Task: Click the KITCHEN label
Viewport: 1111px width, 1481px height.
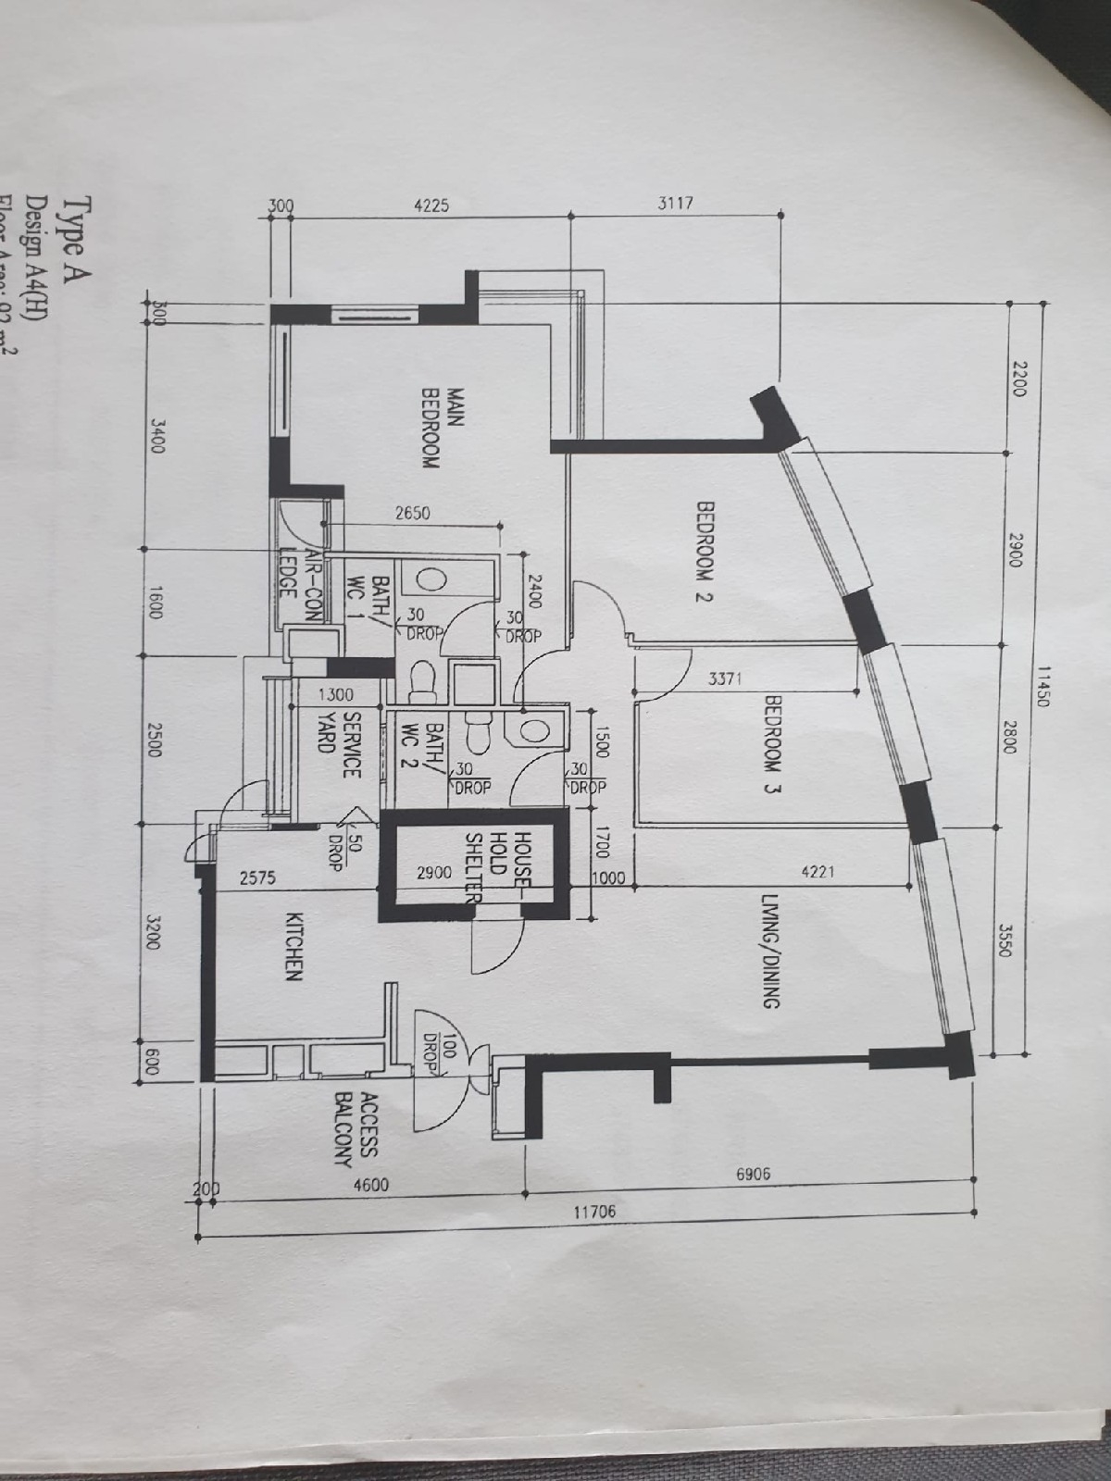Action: pyautogui.click(x=294, y=947)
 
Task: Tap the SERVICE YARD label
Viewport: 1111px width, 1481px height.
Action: pyautogui.click(x=339, y=745)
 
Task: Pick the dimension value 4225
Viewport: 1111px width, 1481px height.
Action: pyautogui.click(x=429, y=205)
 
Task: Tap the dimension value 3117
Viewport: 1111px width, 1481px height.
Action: pyautogui.click(x=675, y=204)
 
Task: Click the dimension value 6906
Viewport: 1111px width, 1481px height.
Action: pyautogui.click(x=753, y=1174)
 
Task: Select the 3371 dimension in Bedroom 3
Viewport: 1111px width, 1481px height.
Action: pyautogui.click(x=727, y=678)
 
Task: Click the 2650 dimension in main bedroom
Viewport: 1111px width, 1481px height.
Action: pyautogui.click(x=412, y=513)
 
